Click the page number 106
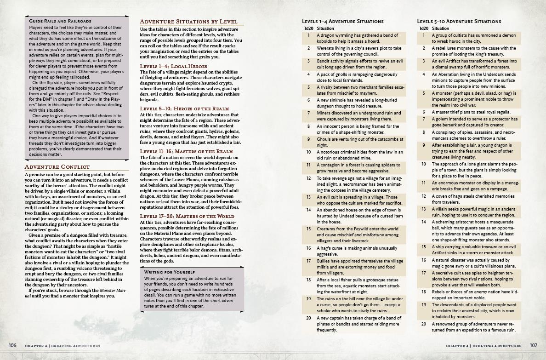[x=12, y=345]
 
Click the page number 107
[x=533, y=345]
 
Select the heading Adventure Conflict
[x=57, y=166]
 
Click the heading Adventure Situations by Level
[x=188, y=22]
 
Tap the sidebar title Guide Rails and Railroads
[x=60, y=21]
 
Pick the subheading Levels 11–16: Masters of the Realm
[x=186, y=151]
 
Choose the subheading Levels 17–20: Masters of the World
[x=187, y=216]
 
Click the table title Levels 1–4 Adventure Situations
[x=342, y=21]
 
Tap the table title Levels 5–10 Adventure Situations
[x=459, y=21]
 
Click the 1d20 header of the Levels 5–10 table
[x=423, y=29]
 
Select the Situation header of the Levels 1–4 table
[x=326, y=29]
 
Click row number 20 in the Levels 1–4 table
[x=309, y=318]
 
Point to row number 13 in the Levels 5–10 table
[x=424, y=209]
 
